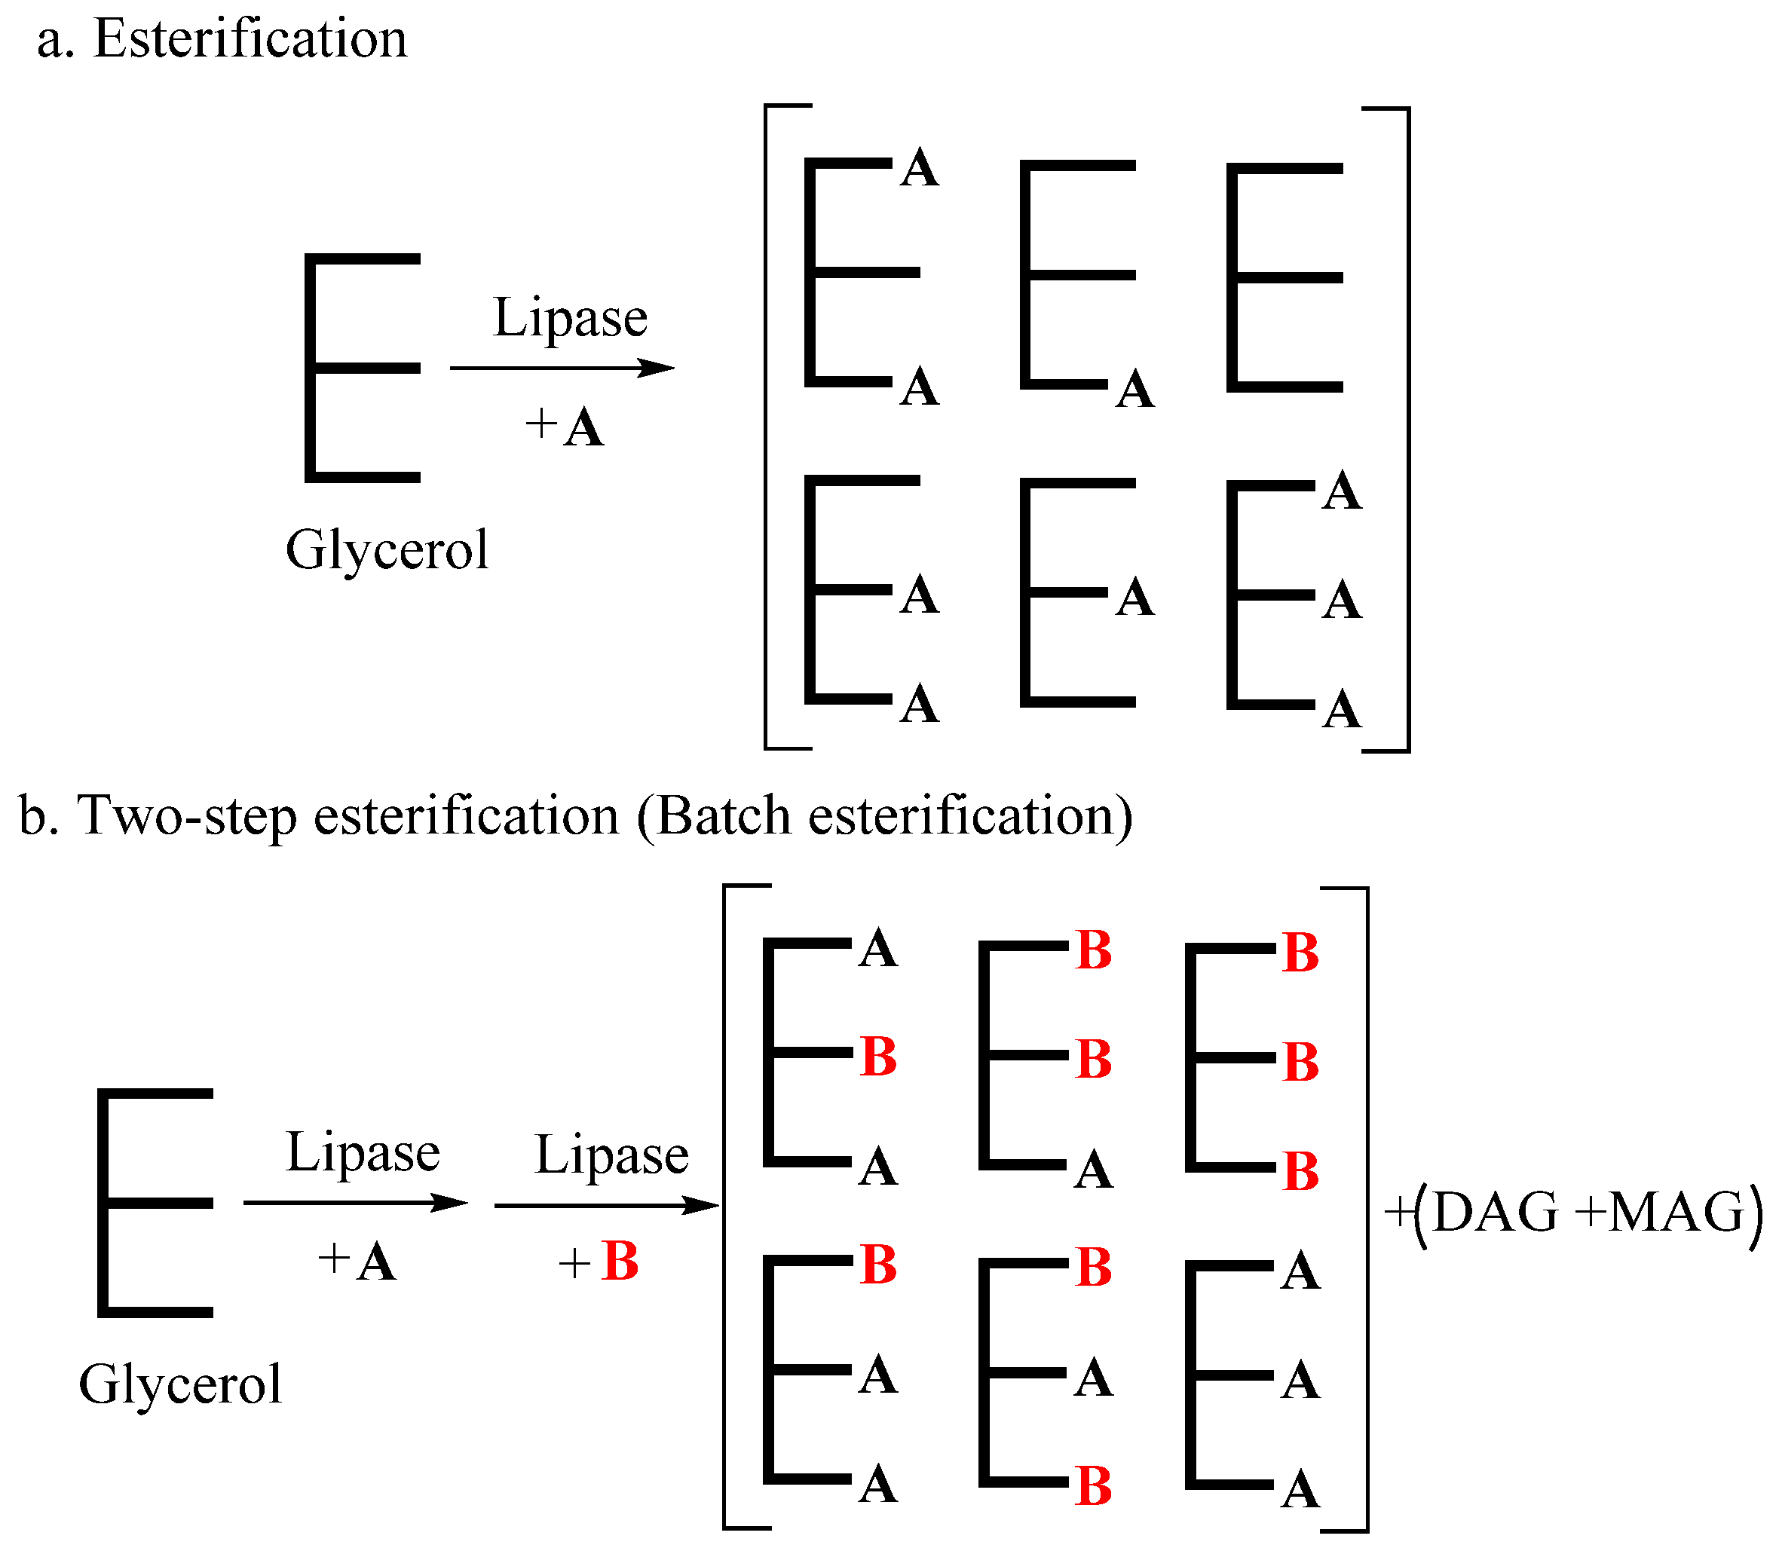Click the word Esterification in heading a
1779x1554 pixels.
point(250,39)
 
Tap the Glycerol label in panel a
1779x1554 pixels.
point(387,550)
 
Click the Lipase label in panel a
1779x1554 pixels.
point(570,317)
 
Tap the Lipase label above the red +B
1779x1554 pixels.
point(611,1155)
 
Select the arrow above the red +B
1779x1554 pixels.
point(606,1205)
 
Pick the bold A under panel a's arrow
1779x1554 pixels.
point(583,427)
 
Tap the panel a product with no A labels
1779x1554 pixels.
point(1284,277)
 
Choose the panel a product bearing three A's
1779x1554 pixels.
point(1292,596)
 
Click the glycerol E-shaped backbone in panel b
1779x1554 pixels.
point(155,1203)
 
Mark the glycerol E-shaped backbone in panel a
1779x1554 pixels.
point(362,368)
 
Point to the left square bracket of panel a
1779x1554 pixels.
point(767,427)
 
